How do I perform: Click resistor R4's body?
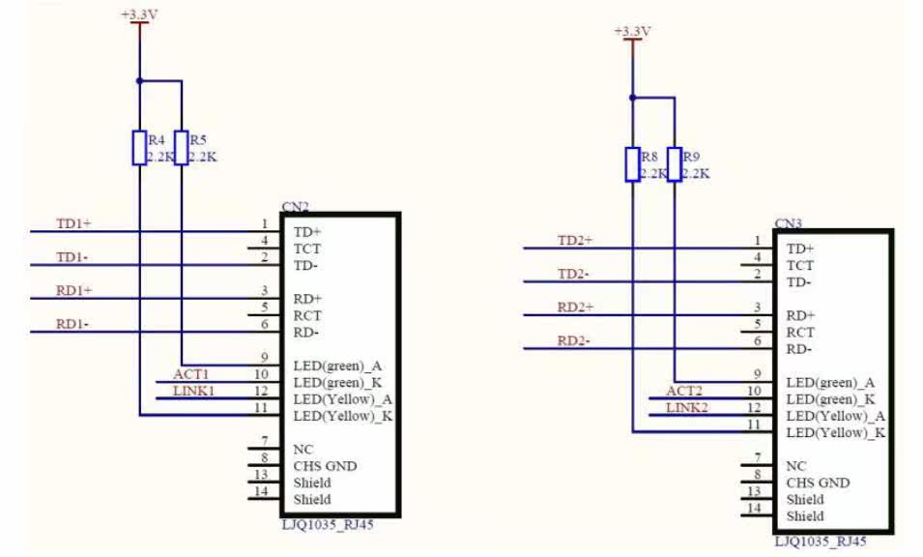(139, 147)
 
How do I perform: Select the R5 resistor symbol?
(181, 147)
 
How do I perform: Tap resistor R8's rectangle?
(632, 164)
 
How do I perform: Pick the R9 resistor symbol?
(674, 164)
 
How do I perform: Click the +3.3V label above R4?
(140, 15)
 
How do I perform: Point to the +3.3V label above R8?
(632, 32)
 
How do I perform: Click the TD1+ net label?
(73, 224)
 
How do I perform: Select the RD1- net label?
(72, 325)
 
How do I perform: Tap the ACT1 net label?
(191, 374)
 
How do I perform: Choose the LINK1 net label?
(193, 391)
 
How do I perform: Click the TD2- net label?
(575, 274)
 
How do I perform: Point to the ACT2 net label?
(684, 391)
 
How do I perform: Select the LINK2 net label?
(687, 407)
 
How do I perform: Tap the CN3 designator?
(789, 223)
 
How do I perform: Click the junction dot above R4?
(139, 81)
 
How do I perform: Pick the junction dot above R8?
(632, 98)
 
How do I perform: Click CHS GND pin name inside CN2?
(325, 466)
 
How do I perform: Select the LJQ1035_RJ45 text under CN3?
(820, 542)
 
